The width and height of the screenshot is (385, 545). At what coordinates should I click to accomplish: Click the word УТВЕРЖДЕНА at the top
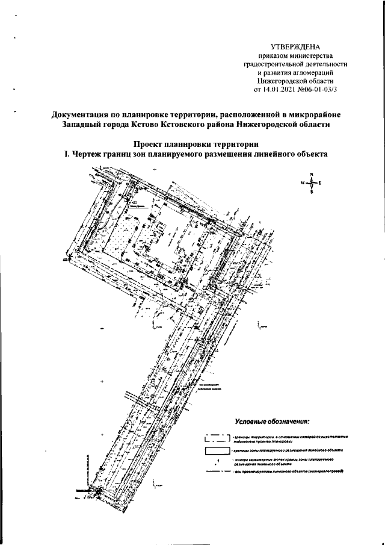point(296,47)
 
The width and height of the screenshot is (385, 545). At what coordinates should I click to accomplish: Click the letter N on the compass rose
point(312,175)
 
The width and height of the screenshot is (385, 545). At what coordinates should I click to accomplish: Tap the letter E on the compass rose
point(321,182)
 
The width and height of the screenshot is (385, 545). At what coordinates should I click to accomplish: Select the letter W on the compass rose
point(301,182)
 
